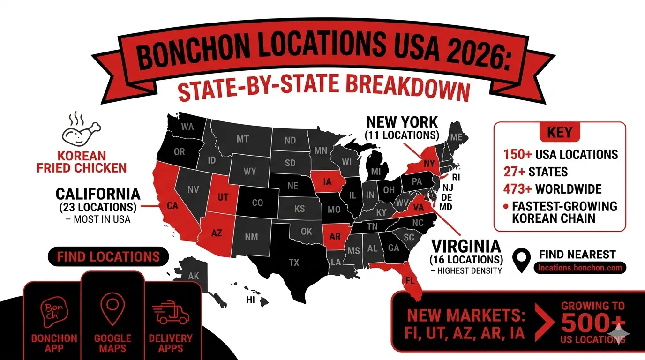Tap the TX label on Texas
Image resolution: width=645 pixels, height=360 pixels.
(294, 262)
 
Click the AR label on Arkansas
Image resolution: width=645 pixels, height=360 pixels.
(335, 236)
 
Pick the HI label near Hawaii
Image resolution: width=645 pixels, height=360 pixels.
(251, 300)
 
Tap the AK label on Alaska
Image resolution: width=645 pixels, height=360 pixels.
(194, 276)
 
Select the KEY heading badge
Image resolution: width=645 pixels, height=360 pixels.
(560, 132)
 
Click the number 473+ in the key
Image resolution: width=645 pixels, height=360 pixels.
(518, 189)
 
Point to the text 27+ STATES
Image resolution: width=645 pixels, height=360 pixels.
(536, 172)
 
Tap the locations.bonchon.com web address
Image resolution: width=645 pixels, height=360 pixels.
(580, 268)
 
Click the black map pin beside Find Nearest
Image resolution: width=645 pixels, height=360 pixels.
(521, 261)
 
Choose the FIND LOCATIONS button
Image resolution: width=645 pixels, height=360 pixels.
(108, 256)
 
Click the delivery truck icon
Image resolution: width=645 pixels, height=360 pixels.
(171, 313)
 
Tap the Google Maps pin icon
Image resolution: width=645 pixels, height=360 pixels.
(112, 310)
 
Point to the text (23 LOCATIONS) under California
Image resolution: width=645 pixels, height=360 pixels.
(98, 207)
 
